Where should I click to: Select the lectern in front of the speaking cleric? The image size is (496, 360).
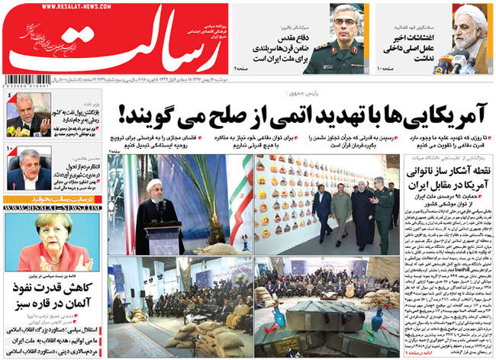click(163, 236)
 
